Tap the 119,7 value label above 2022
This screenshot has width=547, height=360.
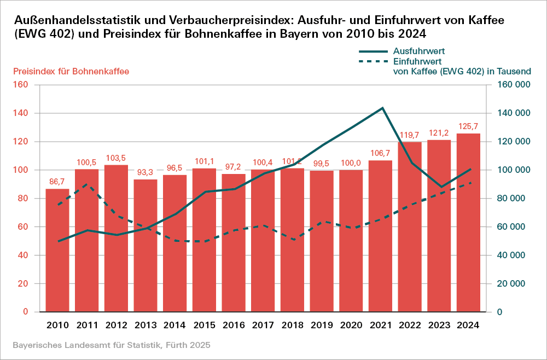pyautogui.click(x=410, y=135)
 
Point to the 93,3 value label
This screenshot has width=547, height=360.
pyautogui.click(x=146, y=172)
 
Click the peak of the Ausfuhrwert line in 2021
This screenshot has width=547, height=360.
pyautogui.click(x=382, y=108)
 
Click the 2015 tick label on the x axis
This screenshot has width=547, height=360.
pyautogui.click(x=204, y=324)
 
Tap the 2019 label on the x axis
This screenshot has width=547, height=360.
pyautogui.click(x=322, y=324)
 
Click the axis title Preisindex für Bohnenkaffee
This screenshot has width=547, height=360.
pyautogui.click(x=71, y=72)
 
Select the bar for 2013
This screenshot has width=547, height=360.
pyautogui.click(x=146, y=246)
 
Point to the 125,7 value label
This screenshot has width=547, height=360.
pyautogui.click(x=469, y=126)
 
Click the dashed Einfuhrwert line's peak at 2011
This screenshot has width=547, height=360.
pyautogui.click(x=87, y=184)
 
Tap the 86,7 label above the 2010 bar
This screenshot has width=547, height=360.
pyautogui.click(x=57, y=182)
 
